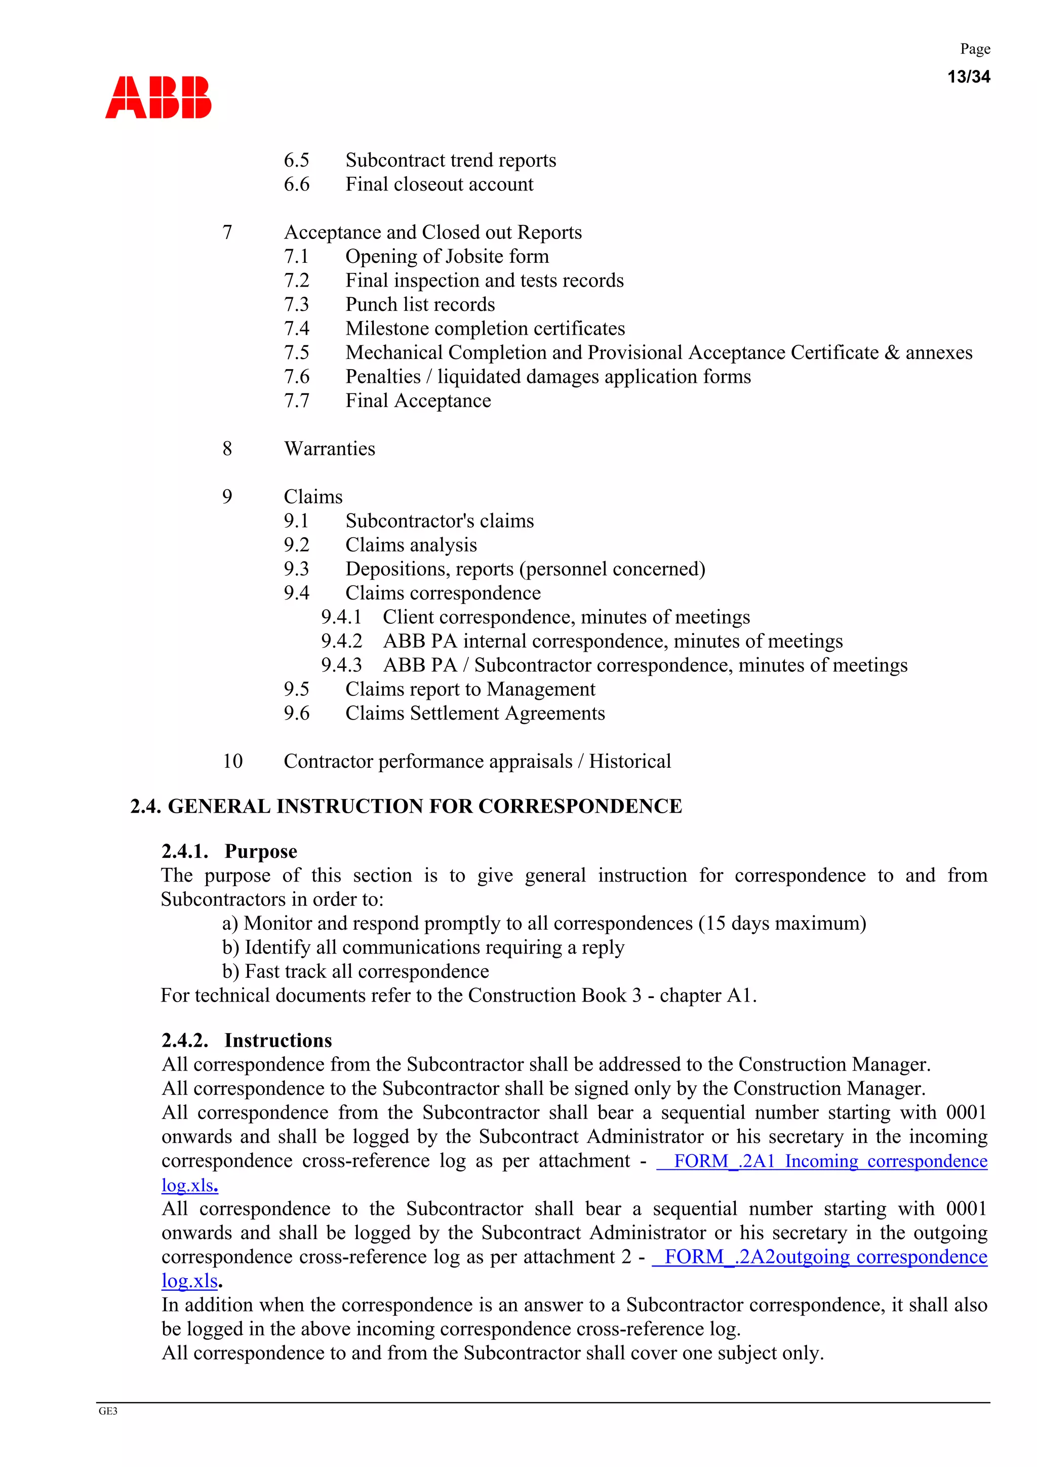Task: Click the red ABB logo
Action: tap(158, 97)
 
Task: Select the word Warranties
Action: tap(329, 449)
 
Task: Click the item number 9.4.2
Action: tap(341, 641)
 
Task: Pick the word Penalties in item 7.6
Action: tap(383, 376)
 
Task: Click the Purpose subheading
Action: tap(260, 851)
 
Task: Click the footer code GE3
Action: tap(108, 1411)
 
